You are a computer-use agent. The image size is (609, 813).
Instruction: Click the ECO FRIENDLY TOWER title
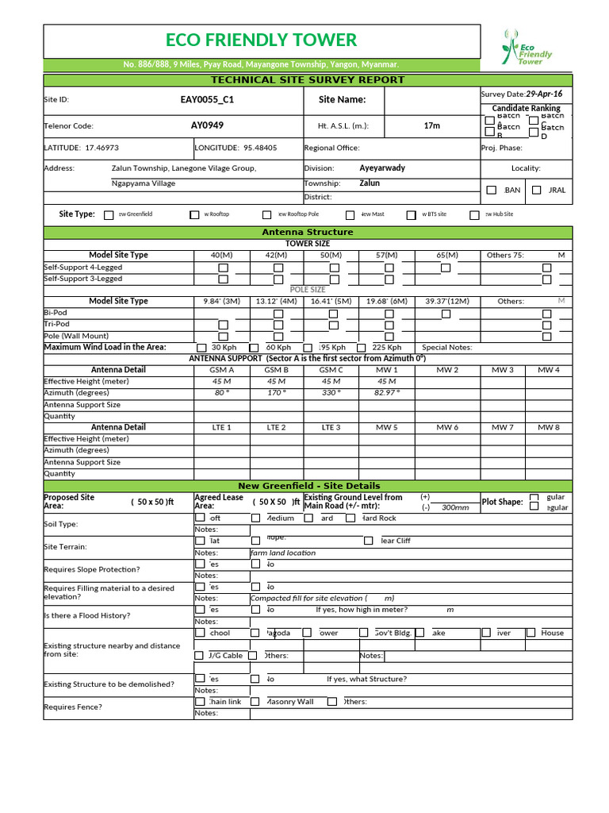(x=261, y=40)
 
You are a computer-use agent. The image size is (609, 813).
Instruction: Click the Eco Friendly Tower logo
(x=527, y=48)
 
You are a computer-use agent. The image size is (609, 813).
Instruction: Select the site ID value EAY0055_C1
(x=207, y=100)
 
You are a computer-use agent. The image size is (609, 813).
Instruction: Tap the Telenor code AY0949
(x=207, y=125)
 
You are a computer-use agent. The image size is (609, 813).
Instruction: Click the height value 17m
(x=431, y=125)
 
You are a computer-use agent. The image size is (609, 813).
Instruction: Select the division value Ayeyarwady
(x=382, y=168)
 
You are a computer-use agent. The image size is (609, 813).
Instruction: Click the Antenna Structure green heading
(x=307, y=232)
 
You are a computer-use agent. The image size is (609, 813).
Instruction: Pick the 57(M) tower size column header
(x=386, y=255)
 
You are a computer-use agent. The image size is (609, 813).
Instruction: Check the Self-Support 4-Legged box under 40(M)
(x=223, y=268)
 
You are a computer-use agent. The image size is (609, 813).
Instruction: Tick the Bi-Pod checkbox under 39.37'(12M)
(x=446, y=314)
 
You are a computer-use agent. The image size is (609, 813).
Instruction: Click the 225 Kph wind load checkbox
(x=362, y=348)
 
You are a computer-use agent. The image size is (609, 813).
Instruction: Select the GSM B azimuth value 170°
(x=276, y=392)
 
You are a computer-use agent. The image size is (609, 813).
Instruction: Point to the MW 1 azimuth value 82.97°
(x=386, y=392)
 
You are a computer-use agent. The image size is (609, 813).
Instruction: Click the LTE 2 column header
(x=276, y=427)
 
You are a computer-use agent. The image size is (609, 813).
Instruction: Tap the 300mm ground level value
(x=455, y=507)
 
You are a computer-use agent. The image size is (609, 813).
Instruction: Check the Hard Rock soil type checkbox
(x=350, y=518)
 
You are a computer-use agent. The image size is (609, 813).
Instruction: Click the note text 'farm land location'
(x=283, y=553)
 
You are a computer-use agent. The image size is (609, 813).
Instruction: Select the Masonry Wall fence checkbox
(x=255, y=702)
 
